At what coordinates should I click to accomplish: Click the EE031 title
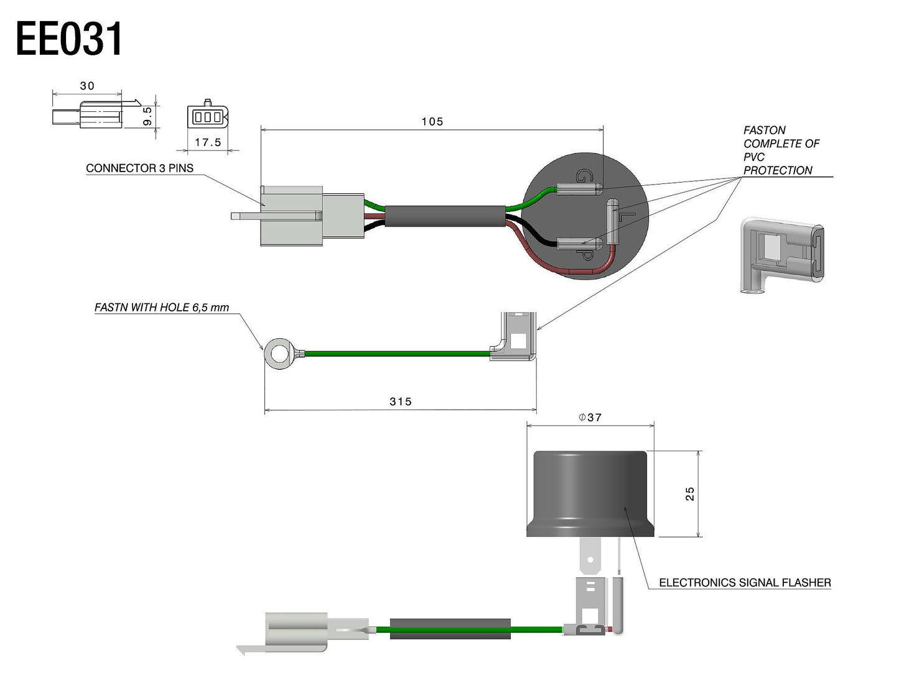(x=69, y=39)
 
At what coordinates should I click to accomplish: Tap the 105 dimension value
(x=432, y=122)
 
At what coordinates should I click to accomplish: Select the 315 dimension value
(x=401, y=402)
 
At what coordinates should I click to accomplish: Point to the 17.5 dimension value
(x=208, y=142)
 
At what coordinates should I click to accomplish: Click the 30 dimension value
(x=87, y=86)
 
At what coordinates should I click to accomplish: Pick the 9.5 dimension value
(x=147, y=116)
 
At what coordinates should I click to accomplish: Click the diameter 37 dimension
(x=590, y=418)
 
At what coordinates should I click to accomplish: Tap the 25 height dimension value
(x=690, y=494)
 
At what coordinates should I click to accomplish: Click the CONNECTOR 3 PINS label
(x=139, y=168)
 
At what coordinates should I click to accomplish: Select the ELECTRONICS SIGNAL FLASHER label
(x=745, y=583)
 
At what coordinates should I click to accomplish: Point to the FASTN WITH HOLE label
(x=162, y=308)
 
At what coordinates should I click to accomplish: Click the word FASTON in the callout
(x=764, y=131)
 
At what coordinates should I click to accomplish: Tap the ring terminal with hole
(x=277, y=354)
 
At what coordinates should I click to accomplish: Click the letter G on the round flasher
(x=582, y=176)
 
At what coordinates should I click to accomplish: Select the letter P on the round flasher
(x=585, y=255)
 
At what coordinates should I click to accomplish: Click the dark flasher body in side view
(x=590, y=494)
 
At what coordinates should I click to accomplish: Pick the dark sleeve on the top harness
(x=445, y=216)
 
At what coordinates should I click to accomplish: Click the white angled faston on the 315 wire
(x=515, y=336)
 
